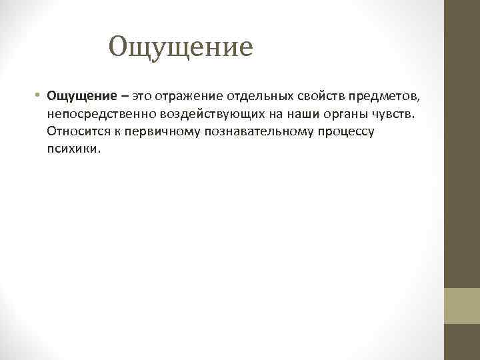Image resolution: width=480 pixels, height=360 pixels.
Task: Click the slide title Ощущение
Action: [x=181, y=47]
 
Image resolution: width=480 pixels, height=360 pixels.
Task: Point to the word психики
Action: [x=74, y=149]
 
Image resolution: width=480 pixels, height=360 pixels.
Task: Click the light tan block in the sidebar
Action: [x=461, y=306]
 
